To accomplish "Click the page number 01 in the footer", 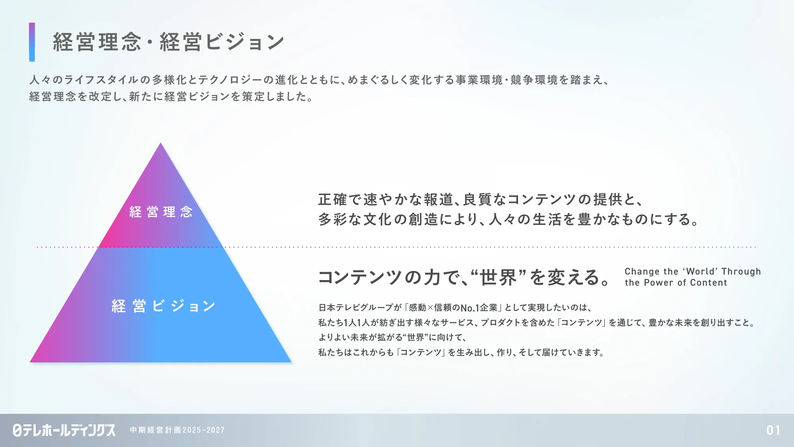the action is pyautogui.click(x=773, y=430).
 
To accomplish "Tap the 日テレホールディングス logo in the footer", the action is pyautogui.click(x=64, y=430).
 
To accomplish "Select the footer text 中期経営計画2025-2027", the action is pyautogui.click(x=177, y=430).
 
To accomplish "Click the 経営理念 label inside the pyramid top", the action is pyautogui.click(x=161, y=212).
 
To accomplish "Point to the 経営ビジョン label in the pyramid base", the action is pyautogui.click(x=163, y=306).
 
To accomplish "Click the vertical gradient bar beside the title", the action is pyautogui.click(x=32, y=42).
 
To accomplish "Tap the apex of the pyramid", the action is pyautogui.click(x=160, y=143).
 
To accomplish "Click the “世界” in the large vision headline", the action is pyautogui.click(x=498, y=277).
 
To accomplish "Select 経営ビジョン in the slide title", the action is pyautogui.click(x=222, y=42).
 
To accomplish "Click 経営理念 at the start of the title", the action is pyautogui.click(x=97, y=42).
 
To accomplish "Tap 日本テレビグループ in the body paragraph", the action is pyautogui.click(x=355, y=308).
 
